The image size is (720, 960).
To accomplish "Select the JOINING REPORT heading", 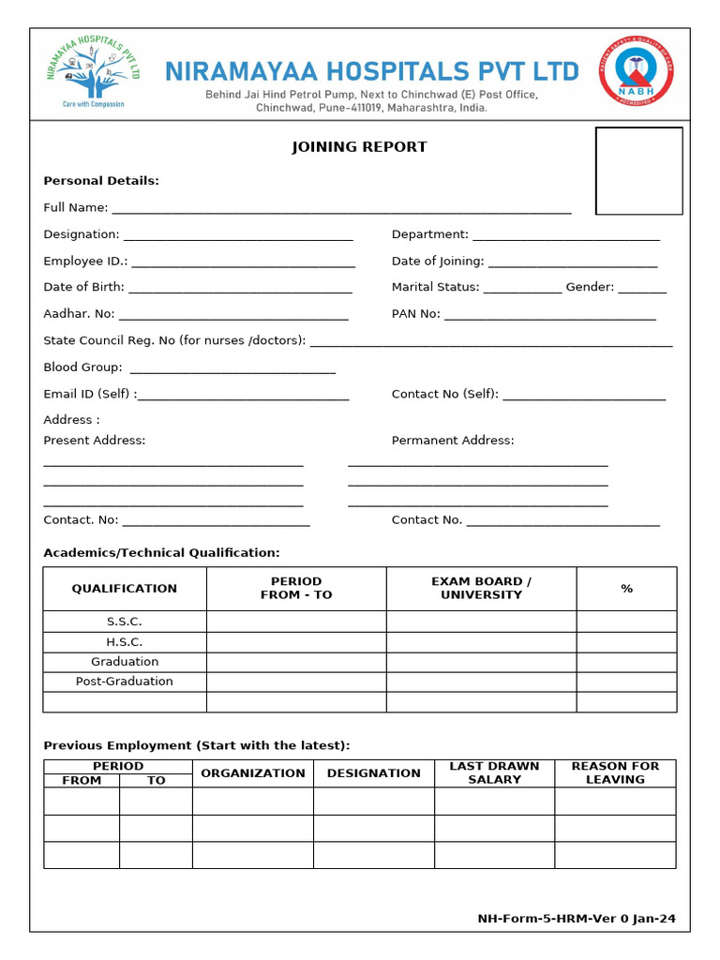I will click(x=359, y=147).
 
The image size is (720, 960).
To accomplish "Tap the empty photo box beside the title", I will click(x=639, y=171).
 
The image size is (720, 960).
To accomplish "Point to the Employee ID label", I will click(x=85, y=262).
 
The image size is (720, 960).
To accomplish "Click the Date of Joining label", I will click(x=438, y=262).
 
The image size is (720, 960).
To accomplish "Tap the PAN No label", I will click(x=415, y=314).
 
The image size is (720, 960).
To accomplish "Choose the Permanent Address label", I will click(x=453, y=441).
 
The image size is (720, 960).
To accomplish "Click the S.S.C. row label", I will click(x=125, y=622).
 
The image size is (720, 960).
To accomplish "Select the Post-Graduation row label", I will click(x=125, y=682).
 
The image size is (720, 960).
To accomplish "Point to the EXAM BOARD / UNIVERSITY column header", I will click(x=481, y=588).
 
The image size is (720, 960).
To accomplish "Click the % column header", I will click(x=626, y=589).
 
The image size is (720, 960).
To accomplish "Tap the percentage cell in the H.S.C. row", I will click(x=626, y=642).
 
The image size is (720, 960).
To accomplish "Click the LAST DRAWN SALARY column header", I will click(x=494, y=772).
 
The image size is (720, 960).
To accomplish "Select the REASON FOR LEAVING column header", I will click(x=615, y=772).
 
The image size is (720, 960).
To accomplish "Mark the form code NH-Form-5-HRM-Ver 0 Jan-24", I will click(x=577, y=920).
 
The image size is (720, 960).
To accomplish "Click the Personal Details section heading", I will click(x=101, y=181).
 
